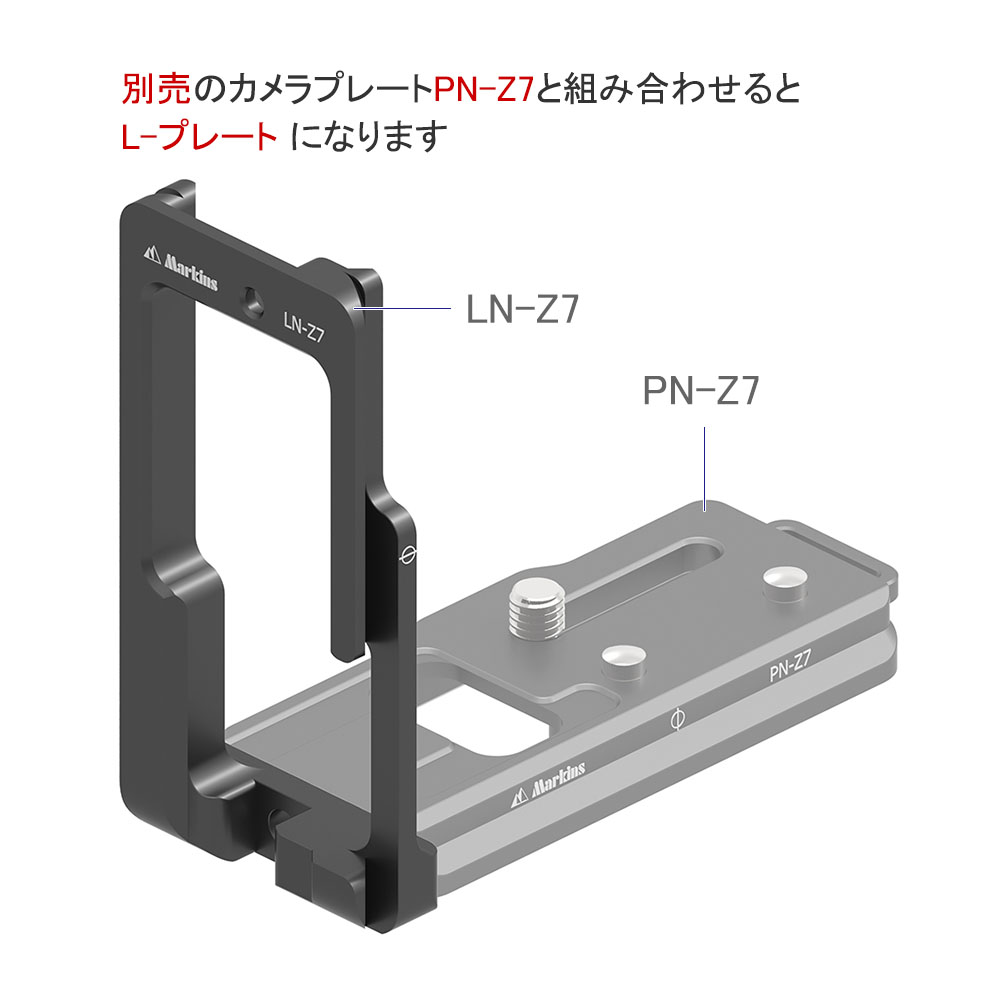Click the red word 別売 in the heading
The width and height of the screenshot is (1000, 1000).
[156, 89]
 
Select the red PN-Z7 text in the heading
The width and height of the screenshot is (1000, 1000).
[483, 89]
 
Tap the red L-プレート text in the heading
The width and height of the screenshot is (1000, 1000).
[199, 136]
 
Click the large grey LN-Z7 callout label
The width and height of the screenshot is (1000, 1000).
[522, 309]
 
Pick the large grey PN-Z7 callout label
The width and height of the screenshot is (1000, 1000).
[701, 390]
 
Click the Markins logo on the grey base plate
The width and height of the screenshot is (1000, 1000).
[548, 784]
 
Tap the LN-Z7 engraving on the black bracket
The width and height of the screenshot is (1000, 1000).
[304, 327]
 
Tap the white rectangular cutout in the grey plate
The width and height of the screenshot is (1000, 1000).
[491, 721]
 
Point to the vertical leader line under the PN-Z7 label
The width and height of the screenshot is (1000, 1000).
[704, 469]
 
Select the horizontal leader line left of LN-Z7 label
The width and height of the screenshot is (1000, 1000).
[401, 308]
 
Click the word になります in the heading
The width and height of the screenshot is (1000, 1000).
[368, 136]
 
